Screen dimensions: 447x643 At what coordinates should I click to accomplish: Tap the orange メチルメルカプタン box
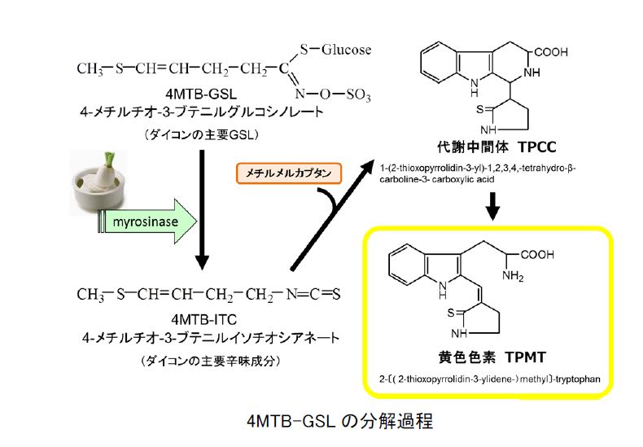[x=288, y=173]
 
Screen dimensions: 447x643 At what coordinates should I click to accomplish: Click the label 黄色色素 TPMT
[x=488, y=357]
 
